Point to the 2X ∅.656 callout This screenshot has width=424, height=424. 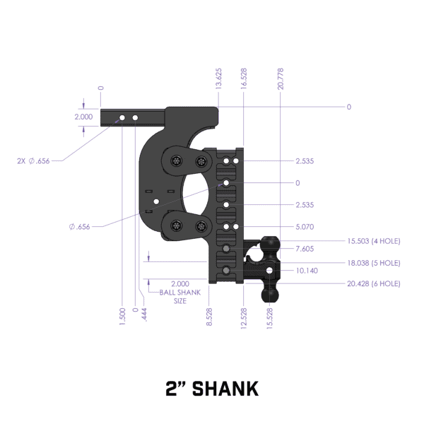click(33, 161)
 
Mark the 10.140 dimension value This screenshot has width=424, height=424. click(306, 270)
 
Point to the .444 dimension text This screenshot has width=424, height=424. click(145, 316)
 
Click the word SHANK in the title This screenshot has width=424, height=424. click(227, 388)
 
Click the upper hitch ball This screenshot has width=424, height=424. click(270, 244)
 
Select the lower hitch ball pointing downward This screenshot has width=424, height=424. click(270, 290)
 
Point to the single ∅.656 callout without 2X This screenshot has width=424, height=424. click(81, 226)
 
